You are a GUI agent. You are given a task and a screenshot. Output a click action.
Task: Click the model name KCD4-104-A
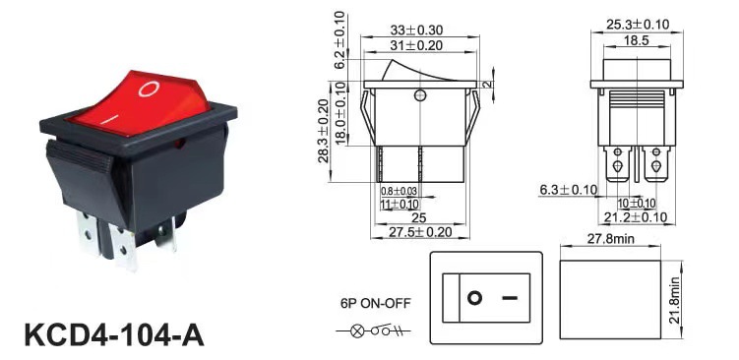click(114, 335)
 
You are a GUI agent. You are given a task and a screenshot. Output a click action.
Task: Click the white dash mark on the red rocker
click(109, 119)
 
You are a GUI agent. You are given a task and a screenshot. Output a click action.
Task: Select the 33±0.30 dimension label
click(416, 30)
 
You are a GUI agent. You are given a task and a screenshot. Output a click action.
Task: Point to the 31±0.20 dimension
click(416, 45)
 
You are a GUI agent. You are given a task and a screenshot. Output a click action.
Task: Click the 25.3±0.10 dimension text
click(638, 25)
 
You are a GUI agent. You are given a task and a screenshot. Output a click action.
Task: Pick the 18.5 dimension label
click(637, 40)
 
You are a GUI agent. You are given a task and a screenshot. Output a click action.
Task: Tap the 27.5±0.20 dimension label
click(420, 232)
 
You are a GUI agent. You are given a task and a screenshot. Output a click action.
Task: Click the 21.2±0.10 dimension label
click(636, 217)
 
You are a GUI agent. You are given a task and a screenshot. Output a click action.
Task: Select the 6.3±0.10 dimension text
click(569, 190)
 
